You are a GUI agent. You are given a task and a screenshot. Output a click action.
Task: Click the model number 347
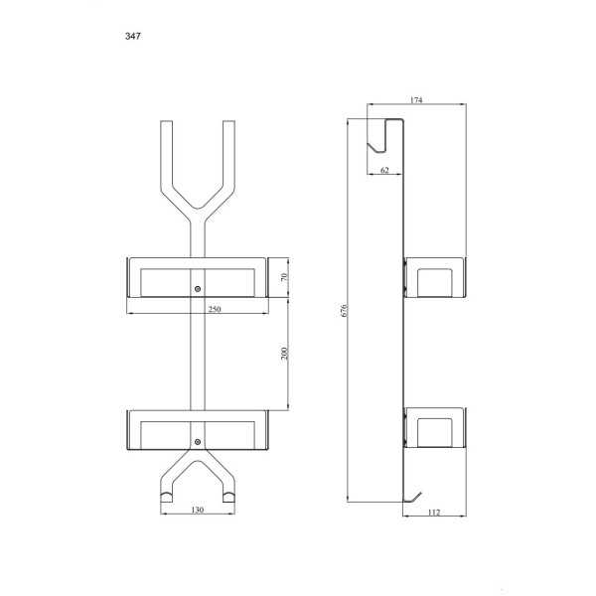[133, 36]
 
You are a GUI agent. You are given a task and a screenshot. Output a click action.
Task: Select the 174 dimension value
[416, 100]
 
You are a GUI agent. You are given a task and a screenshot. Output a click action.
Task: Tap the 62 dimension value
[384, 170]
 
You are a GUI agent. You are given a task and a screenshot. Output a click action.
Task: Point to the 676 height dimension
[344, 310]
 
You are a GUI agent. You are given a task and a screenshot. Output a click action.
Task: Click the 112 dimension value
[434, 513]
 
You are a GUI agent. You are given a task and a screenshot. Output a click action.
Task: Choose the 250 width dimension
[215, 309]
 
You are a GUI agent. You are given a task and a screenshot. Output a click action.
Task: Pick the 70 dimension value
[284, 277]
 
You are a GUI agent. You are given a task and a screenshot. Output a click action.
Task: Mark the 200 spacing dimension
[284, 354]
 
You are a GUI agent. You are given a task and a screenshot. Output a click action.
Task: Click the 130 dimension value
[198, 510]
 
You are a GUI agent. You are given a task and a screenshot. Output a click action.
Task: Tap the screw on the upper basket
[198, 289]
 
